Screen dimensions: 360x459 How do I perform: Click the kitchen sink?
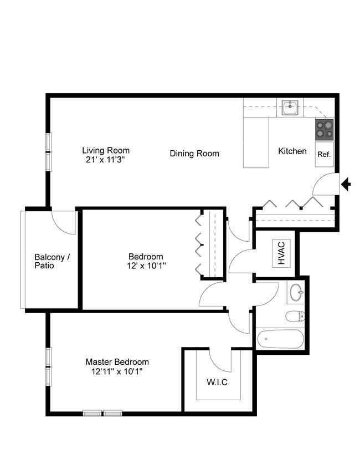tap(290, 108)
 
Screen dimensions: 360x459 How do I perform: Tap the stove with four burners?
tap(325, 129)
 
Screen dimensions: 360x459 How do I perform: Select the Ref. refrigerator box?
tap(325, 154)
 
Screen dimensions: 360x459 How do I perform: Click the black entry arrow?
tap(346, 185)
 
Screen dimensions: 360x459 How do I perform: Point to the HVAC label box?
tap(281, 253)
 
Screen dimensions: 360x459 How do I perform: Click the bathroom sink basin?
tap(296, 292)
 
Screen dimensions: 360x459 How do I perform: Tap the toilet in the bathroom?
tap(295, 316)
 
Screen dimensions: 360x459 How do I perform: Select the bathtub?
tap(280, 339)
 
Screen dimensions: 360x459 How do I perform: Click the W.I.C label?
tap(217, 382)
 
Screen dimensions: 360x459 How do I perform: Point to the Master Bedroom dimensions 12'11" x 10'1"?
tap(117, 371)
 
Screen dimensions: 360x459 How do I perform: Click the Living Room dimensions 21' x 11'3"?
tap(106, 160)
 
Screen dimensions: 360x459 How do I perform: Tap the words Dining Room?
tap(194, 154)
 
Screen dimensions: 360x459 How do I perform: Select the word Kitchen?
tap(292, 151)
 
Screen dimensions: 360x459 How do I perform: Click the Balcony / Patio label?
tap(52, 261)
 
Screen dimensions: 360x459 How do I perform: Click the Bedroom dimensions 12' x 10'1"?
tap(147, 266)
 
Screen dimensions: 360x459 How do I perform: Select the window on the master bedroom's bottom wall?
tap(102, 413)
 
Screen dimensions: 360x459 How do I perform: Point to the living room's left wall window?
tap(49, 152)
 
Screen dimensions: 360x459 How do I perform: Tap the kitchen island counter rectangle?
tap(256, 142)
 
